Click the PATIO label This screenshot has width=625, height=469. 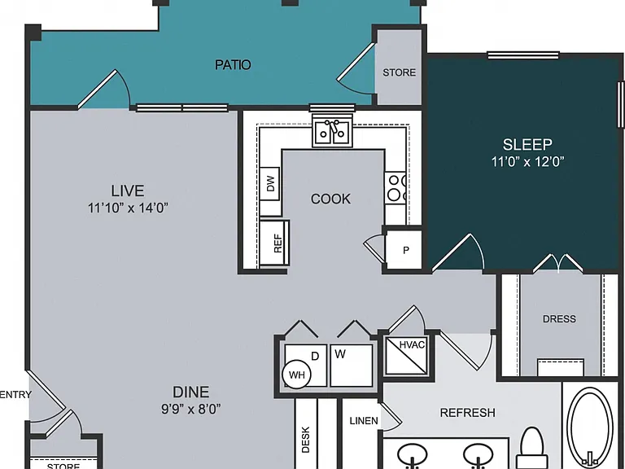click(233, 64)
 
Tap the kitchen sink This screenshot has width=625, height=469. click(332, 130)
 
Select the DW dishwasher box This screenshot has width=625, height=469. click(269, 183)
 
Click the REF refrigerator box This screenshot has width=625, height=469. click(274, 243)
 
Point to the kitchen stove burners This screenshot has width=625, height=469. click(396, 187)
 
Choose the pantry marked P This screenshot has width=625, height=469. click(404, 250)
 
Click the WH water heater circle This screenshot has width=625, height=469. click(296, 375)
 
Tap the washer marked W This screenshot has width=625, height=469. click(352, 366)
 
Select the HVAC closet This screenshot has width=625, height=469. click(406, 356)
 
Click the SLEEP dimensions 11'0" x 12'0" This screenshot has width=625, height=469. click(527, 162)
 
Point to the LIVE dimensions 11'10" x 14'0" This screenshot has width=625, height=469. click(128, 208)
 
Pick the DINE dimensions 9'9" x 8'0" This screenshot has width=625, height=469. click(191, 409)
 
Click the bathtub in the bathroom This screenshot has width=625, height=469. click(591, 428)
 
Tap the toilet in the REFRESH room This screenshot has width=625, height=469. click(532, 448)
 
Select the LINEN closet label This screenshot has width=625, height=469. click(364, 421)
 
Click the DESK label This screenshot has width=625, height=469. click(306, 440)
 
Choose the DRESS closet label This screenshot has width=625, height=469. click(559, 318)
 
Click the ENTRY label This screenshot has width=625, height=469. click(15, 394)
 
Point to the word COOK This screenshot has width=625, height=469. click(330, 199)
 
